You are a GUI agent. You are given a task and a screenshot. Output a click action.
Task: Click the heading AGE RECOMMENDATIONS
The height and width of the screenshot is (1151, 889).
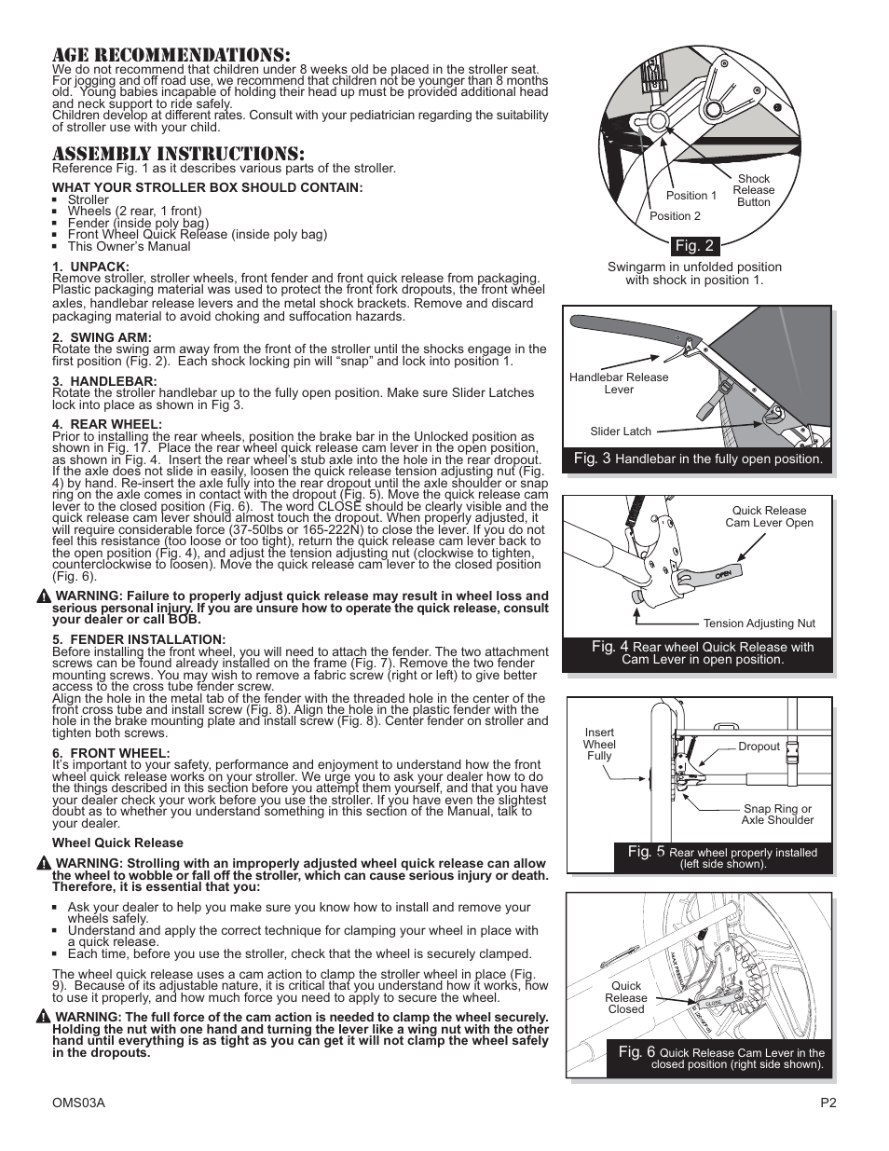click(171, 55)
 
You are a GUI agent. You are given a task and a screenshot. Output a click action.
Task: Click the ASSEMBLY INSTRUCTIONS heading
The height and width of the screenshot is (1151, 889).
click(178, 154)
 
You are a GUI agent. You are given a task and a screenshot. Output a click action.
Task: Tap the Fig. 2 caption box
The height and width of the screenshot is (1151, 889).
click(694, 246)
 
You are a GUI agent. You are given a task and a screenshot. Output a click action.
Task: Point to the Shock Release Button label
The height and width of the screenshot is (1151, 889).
click(753, 190)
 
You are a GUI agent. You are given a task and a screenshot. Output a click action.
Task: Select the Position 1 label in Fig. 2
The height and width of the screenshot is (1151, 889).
click(691, 196)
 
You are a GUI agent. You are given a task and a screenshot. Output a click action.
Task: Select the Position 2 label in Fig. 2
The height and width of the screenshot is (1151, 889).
click(675, 216)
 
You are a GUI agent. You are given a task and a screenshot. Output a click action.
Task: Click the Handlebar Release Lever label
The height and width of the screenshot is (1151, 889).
click(619, 383)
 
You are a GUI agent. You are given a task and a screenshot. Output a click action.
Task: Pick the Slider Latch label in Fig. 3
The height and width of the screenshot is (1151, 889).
click(621, 432)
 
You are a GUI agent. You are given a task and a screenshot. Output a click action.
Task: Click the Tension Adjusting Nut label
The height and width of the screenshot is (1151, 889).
click(759, 623)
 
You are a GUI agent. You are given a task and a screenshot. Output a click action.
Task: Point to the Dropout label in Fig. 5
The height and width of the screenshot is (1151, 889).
click(759, 747)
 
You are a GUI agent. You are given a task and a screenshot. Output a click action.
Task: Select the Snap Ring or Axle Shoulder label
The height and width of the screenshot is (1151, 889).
click(777, 815)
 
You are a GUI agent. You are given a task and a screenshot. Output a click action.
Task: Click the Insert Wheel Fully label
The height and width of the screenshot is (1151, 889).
click(599, 744)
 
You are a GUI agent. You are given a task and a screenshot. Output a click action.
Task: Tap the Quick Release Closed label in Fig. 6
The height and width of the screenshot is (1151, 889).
click(626, 997)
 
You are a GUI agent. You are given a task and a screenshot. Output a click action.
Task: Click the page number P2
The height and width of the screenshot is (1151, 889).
click(827, 1103)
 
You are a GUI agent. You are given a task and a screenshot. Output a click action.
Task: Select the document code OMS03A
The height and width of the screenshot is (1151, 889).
click(78, 1103)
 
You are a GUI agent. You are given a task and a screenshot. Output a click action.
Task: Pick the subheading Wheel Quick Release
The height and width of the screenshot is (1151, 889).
click(117, 843)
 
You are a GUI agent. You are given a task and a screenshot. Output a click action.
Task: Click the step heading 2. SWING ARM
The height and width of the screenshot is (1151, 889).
click(102, 337)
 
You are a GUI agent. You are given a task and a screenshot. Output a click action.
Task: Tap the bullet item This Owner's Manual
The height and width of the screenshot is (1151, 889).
click(129, 247)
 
